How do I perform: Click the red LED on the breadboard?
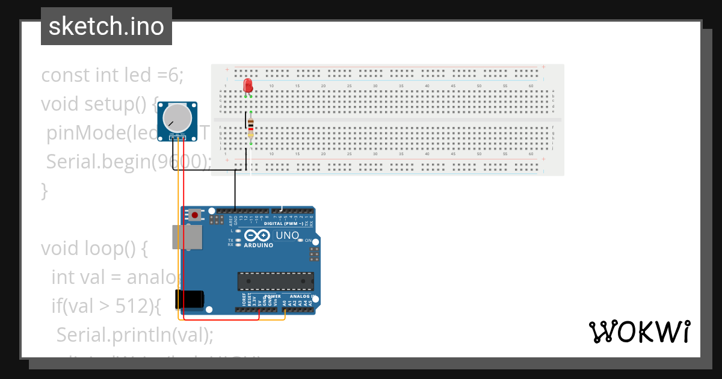tap(248, 85)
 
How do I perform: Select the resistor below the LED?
tap(251, 127)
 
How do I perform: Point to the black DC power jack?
tap(189, 300)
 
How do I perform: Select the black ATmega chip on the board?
tap(276, 281)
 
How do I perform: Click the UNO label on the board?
tap(287, 235)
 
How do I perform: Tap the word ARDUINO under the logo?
tap(259, 245)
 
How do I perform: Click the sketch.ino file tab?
tap(106, 26)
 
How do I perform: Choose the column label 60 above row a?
tap(531, 86)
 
